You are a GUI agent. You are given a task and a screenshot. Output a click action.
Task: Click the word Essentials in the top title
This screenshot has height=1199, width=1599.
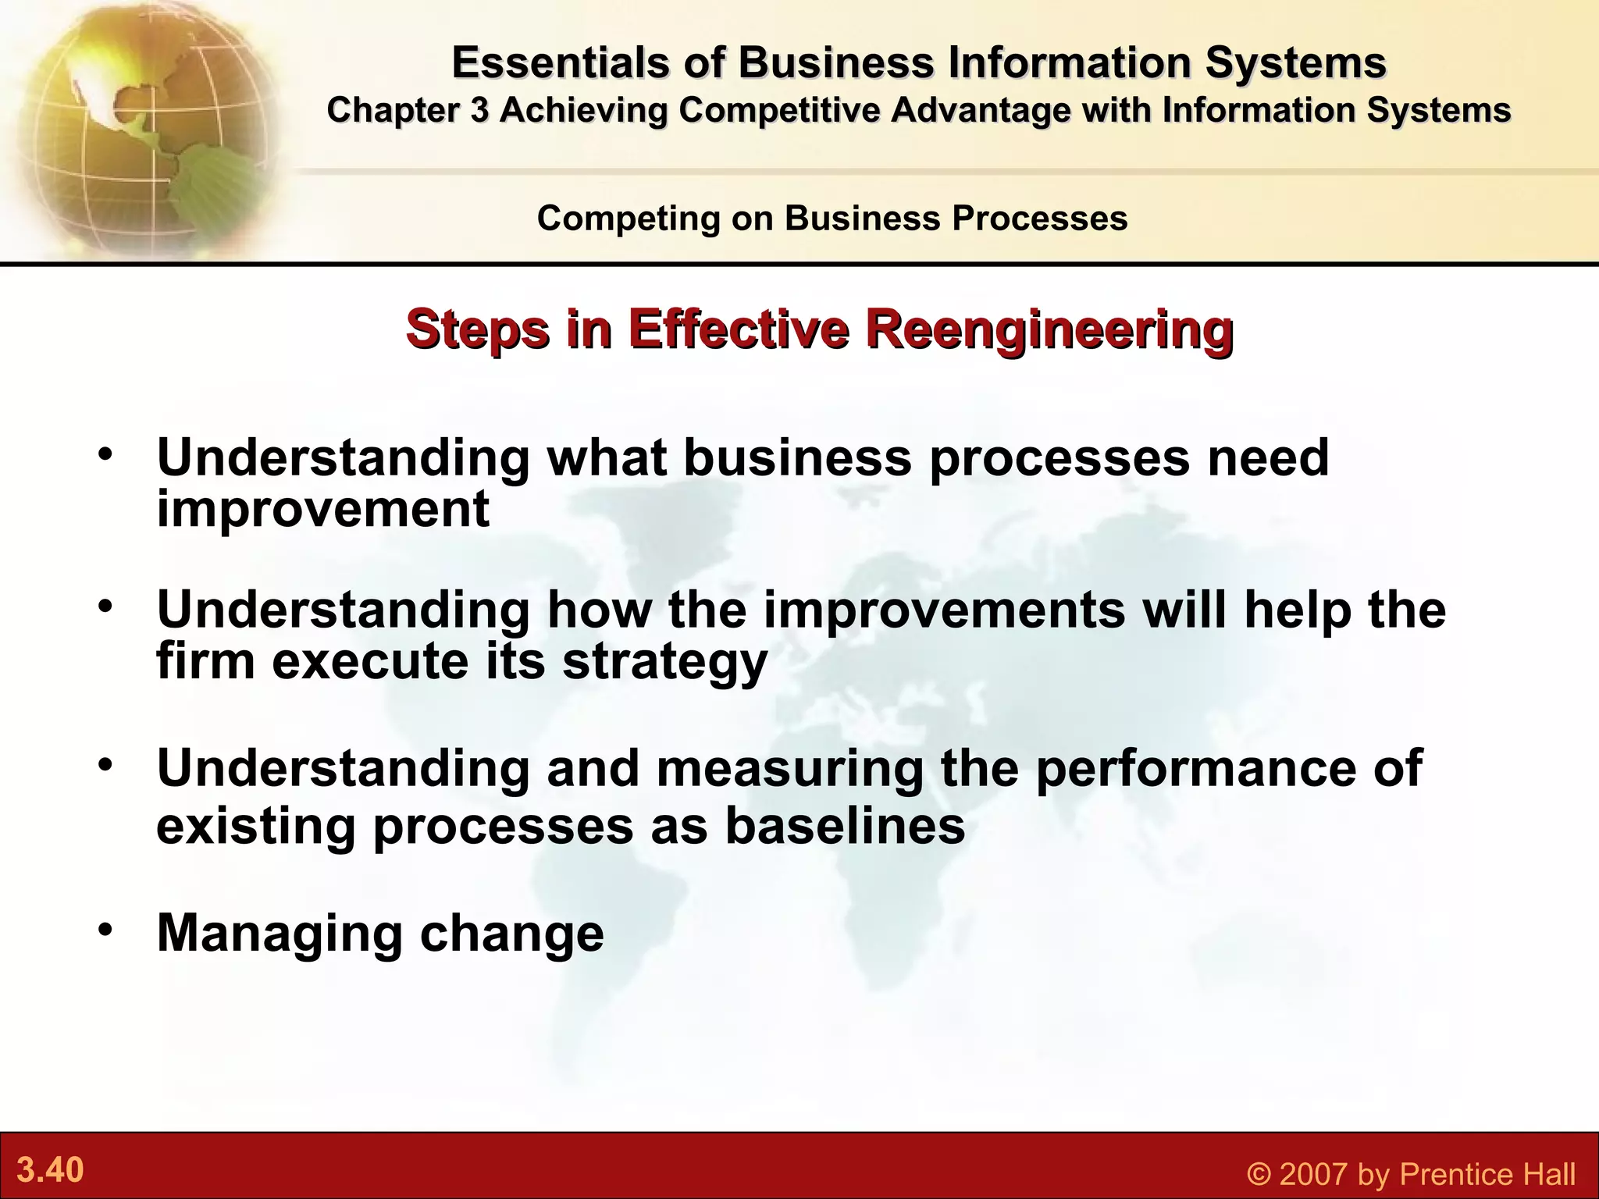[x=559, y=62]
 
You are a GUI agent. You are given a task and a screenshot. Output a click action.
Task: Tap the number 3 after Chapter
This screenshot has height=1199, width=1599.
[x=479, y=110]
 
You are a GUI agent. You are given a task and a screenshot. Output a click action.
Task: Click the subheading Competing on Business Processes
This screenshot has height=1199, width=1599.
[x=832, y=218]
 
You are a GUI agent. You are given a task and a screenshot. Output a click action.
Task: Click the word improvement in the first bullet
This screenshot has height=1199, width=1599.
[x=323, y=509]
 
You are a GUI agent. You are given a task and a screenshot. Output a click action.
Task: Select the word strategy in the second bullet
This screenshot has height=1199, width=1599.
[x=665, y=662]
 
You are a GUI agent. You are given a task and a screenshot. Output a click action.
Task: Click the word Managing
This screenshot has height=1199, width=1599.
[x=280, y=933]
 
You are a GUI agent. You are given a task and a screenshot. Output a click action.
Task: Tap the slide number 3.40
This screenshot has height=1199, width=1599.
[x=51, y=1170]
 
